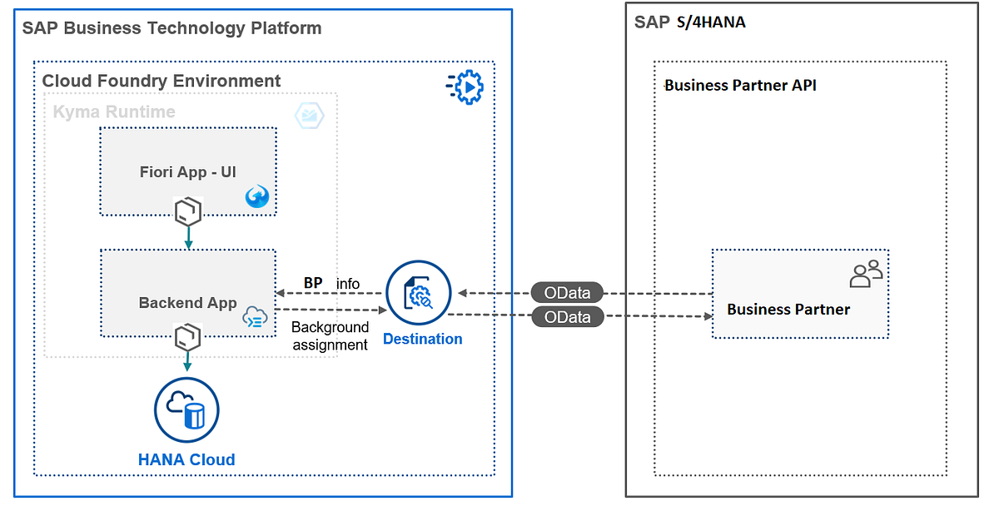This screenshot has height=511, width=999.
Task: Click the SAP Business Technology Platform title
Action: pos(171,28)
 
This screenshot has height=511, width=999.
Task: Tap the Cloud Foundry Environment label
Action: pos(161,81)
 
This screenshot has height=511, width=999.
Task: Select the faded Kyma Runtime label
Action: pos(114,112)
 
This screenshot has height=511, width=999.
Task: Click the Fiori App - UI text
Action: pos(188,171)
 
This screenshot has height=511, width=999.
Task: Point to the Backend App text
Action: pos(188,303)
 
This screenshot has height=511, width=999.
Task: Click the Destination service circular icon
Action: pos(418,293)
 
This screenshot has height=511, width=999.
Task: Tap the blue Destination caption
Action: pos(422,339)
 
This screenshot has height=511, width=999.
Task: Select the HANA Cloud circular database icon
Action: pos(186,409)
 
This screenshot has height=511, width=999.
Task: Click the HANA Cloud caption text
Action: pos(186,459)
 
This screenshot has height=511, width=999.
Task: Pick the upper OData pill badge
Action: pos(567,293)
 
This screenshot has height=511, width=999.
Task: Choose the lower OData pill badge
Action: pos(567,317)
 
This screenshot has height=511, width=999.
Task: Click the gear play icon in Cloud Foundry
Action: pos(465,87)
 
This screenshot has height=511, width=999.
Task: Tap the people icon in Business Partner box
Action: pos(866,274)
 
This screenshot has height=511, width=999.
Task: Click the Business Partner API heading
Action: pos(740,85)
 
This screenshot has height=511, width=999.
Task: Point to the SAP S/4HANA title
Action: pos(690,22)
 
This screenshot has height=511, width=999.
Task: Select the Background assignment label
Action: pos(330,335)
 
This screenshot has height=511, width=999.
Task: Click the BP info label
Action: pos(331,283)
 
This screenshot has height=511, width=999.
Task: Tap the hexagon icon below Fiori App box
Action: pos(188,211)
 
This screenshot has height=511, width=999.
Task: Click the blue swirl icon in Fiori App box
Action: pos(257,196)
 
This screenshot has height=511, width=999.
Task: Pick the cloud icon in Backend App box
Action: pos(255,317)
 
